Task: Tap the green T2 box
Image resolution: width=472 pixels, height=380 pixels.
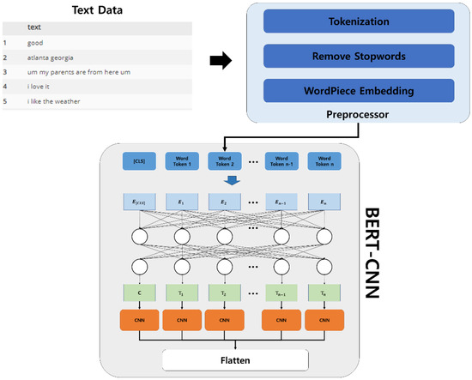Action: click(227, 293)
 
